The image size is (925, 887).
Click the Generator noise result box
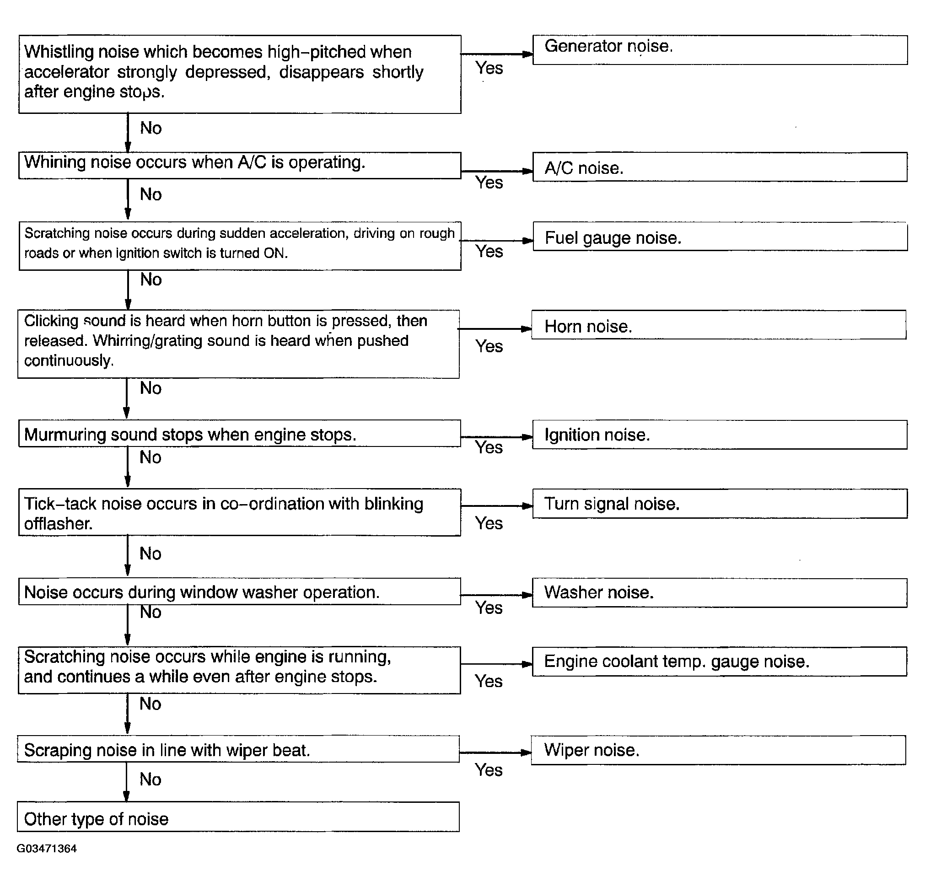coord(720,49)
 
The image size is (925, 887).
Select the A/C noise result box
coord(720,167)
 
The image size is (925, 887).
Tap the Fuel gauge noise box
coord(720,237)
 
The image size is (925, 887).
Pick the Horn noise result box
coord(718,325)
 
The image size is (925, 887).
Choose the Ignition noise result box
coord(720,435)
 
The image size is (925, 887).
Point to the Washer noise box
coord(720,592)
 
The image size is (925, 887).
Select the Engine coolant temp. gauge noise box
coord(720,661)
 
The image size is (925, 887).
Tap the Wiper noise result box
coord(718,750)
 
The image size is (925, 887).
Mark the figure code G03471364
coord(47,849)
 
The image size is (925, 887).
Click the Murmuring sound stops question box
coord(239,434)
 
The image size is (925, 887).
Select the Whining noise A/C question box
coord(239,165)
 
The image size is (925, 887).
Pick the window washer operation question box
coord(239,591)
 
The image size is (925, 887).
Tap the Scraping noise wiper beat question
coord(238,749)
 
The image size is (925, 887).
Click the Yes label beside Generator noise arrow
coord(489,69)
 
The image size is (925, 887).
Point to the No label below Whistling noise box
coord(151,129)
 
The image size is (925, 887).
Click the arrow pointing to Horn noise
coord(495,329)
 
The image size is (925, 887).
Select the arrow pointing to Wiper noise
coord(495,753)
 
